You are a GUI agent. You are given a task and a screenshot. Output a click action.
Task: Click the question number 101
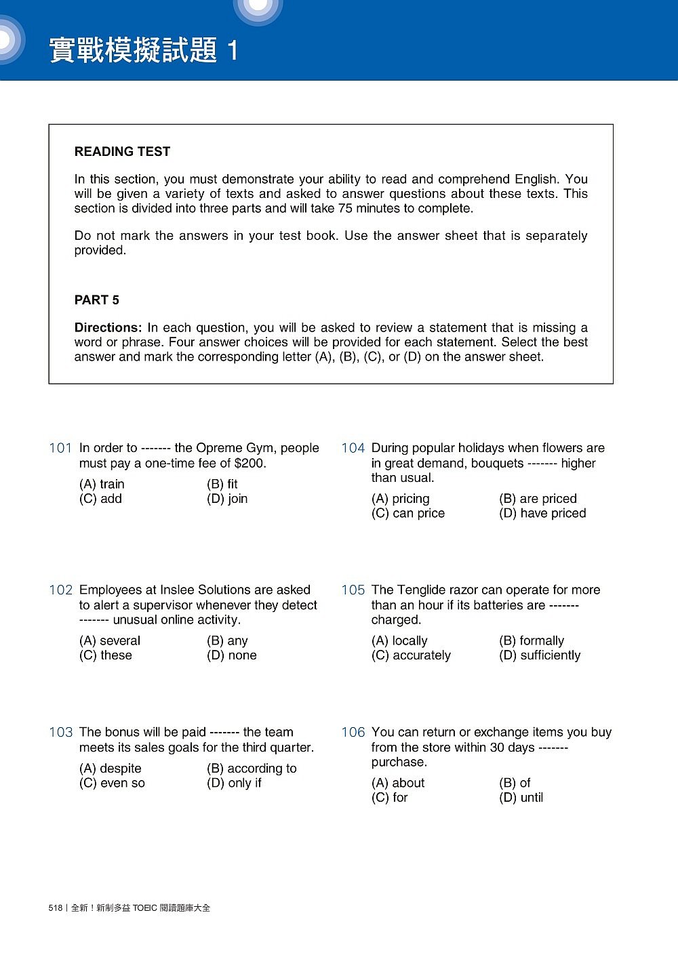60,448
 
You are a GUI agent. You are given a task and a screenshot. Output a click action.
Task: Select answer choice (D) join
227,499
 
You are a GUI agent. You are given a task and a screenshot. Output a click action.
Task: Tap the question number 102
60,590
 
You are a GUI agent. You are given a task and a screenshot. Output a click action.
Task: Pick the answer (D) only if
234,783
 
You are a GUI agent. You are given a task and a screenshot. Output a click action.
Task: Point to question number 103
60,733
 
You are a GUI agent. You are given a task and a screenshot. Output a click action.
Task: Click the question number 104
353,448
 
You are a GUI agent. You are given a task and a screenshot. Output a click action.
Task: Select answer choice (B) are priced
538,499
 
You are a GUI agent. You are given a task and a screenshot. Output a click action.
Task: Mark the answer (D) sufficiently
540,656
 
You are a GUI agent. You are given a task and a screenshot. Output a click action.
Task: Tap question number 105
353,590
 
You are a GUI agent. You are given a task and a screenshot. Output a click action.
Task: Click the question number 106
353,733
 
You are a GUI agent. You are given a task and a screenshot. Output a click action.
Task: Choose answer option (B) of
515,783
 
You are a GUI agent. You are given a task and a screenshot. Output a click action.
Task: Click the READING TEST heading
122,152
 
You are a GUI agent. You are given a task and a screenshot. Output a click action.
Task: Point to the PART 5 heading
96,300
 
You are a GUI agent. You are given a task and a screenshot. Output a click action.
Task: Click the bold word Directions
108,328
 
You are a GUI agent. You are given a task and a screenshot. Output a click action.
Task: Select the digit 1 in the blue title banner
233,51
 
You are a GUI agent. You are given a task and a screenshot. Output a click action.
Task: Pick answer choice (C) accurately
411,656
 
